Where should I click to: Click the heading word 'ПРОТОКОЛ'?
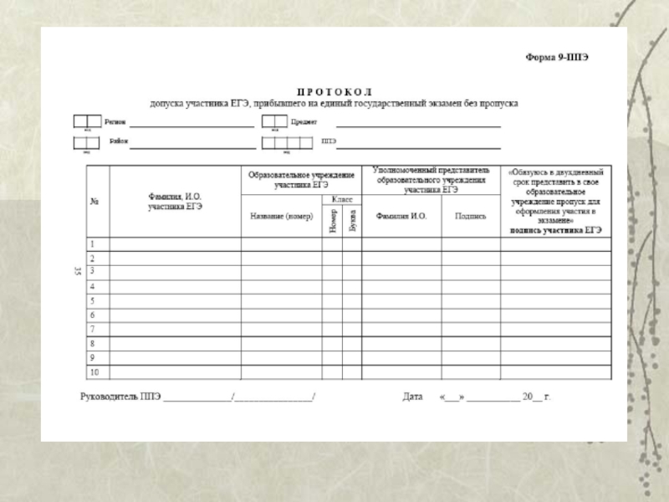tap(334, 90)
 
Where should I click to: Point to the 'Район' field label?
tap(118, 141)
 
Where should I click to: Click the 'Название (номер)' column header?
tap(281, 216)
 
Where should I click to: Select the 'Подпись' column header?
tap(470, 216)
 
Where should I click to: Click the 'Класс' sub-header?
tap(341, 199)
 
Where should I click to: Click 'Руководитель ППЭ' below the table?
tap(120, 396)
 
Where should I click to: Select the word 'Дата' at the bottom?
tap(412, 396)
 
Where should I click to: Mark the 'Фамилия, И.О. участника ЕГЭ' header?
tap(175, 201)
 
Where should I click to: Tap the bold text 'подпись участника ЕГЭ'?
tap(556, 229)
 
